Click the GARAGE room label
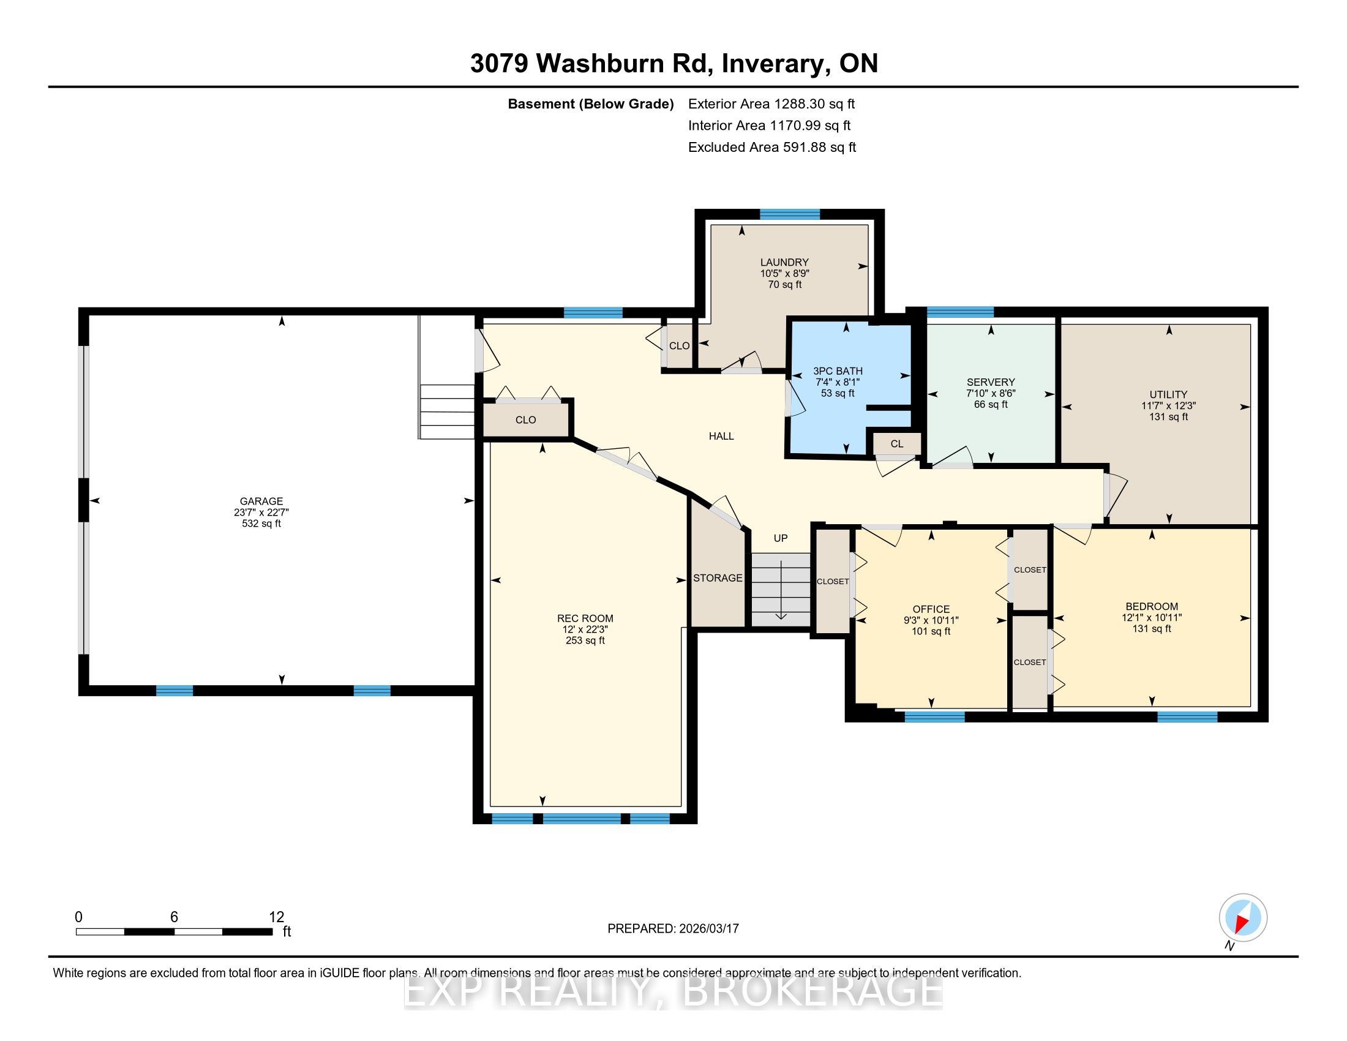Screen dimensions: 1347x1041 point(261,502)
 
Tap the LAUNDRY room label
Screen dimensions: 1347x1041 point(784,262)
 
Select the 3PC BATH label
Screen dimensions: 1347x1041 point(838,371)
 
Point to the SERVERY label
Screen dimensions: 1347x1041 point(991,382)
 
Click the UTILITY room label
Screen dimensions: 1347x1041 point(1168,395)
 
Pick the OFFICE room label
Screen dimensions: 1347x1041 point(931,609)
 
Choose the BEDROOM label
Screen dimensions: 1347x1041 point(1152,607)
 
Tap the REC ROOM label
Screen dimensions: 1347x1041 point(585,618)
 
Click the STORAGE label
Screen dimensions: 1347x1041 point(718,578)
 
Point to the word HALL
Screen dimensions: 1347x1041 point(721,436)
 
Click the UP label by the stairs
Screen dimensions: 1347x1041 point(781,538)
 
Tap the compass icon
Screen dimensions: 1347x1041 point(1243,918)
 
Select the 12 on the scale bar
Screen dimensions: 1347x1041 point(276,917)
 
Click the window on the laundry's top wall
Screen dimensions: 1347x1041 point(790,214)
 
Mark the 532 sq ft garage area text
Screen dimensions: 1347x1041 point(261,524)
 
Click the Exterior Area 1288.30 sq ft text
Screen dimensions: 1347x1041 point(771,103)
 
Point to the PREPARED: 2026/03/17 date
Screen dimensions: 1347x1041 point(673,928)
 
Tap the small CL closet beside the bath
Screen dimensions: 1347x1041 point(897,444)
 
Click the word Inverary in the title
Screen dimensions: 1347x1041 point(773,64)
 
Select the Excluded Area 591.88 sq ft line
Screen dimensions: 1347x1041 point(772,147)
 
